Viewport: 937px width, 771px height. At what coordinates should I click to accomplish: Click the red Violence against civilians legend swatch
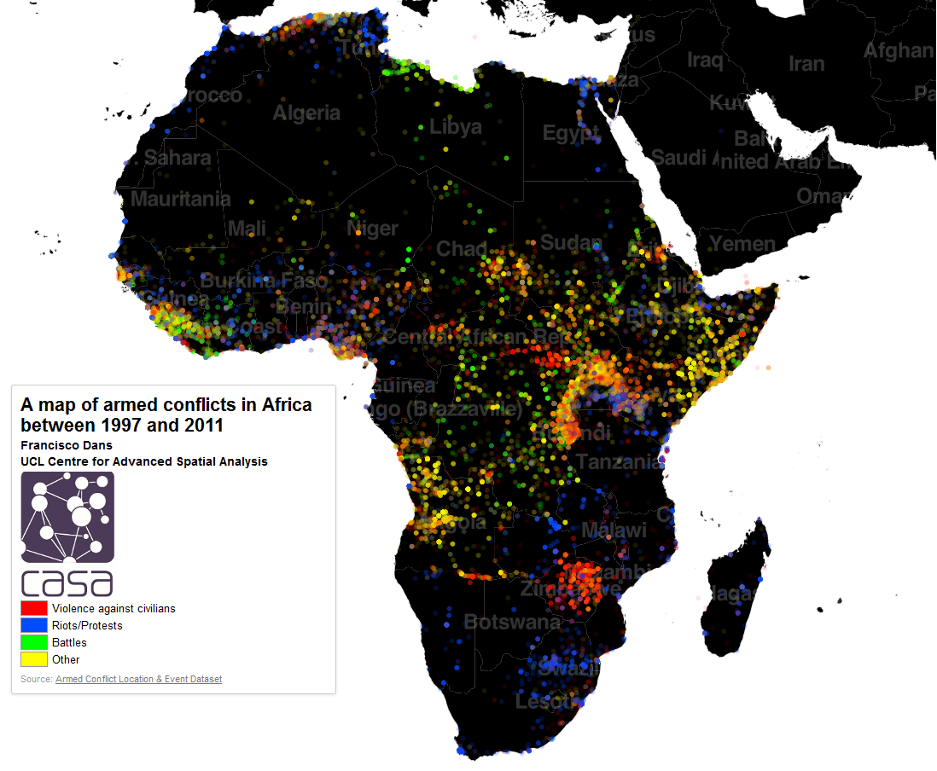tap(33, 608)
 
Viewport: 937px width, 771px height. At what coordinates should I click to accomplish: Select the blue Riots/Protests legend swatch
tap(33, 625)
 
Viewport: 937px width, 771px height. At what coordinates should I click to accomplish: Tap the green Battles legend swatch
tap(33, 642)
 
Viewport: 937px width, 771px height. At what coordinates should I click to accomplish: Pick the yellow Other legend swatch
tap(33, 659)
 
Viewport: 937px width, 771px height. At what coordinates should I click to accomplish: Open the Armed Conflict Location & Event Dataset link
tap(138, 679)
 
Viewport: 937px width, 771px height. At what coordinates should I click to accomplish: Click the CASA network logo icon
tap(67, 517)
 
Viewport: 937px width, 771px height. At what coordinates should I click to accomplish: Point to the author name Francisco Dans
tap(67, 445)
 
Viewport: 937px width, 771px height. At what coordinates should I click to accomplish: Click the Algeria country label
tap(306, 113)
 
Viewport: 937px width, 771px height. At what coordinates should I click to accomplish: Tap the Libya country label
tap(455, 127)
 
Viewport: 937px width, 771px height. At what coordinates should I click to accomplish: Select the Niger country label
tap(372, 229)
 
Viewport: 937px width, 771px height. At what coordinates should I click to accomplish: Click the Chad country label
tap(461, 249)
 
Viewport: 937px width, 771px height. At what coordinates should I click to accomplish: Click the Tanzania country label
tap(619, 461)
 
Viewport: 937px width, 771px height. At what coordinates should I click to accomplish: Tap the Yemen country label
tap(742, 244)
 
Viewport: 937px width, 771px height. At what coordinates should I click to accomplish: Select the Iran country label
tap(806, 64)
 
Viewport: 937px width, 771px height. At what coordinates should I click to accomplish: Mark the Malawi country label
tap(614, 530)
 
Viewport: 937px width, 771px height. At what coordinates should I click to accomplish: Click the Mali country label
tap(247, 229)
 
